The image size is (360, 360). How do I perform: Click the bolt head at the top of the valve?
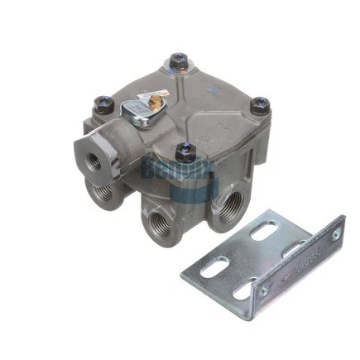[178, 60]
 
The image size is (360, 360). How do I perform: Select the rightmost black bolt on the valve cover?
[259, 105]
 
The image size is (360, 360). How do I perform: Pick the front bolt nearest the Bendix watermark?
[186, 152]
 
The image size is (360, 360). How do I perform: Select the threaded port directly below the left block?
[103, 192]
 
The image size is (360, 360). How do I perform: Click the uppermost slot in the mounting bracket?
[264, 231]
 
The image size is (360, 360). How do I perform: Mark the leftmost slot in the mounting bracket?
[214, 267]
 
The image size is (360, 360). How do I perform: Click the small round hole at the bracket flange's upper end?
[336, 234]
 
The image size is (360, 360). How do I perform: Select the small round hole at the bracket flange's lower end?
[264, 290]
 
